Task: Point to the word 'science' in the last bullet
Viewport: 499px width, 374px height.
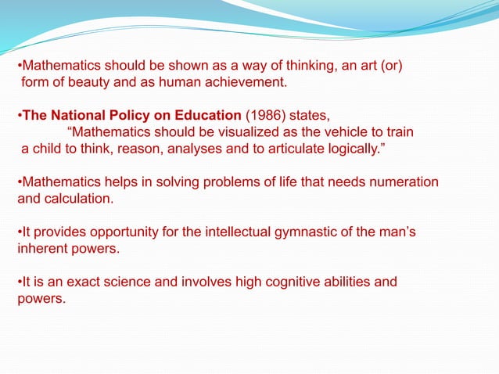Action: [131, 282]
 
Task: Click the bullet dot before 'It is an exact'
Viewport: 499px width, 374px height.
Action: [20, 282]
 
